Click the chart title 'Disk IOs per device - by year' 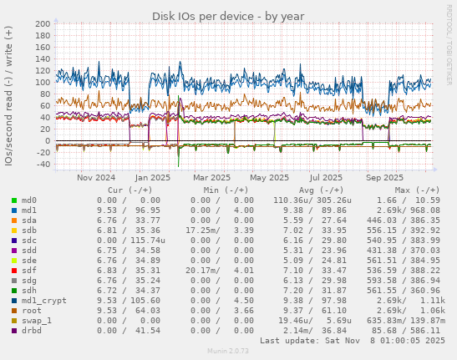click(x=227, y=16)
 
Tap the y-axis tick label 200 click(x=40, y=24)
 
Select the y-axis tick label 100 click(x=40, y=83)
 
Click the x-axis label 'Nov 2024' click(x=96, y=177)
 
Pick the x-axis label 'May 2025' click(x=268, y=177)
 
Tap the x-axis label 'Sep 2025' click(x=384, y=177)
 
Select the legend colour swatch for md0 click(x=14, y=200)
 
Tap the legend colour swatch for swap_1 click(x=14, y=320)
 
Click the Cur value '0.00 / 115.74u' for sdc click(x=129, y=241)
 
